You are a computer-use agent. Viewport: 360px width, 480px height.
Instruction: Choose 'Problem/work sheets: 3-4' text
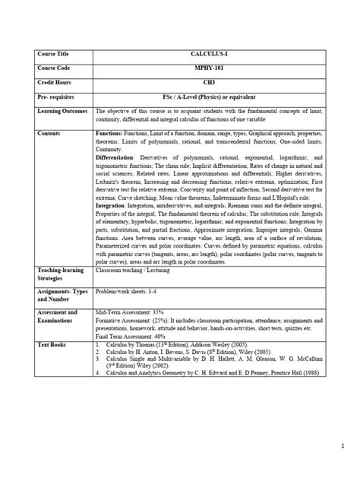click(x=131, y=290)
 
